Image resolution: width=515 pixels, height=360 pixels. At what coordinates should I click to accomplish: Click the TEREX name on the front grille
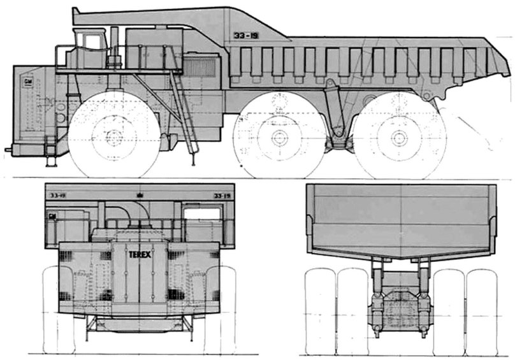[x=139, y=252]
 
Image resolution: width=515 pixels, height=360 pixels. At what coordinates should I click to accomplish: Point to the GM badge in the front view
[x=50, y=217]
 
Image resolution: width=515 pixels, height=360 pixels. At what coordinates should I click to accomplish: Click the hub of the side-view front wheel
[x=113, y=136]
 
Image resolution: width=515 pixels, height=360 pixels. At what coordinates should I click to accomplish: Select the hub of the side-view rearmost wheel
[x=400, y=137]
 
